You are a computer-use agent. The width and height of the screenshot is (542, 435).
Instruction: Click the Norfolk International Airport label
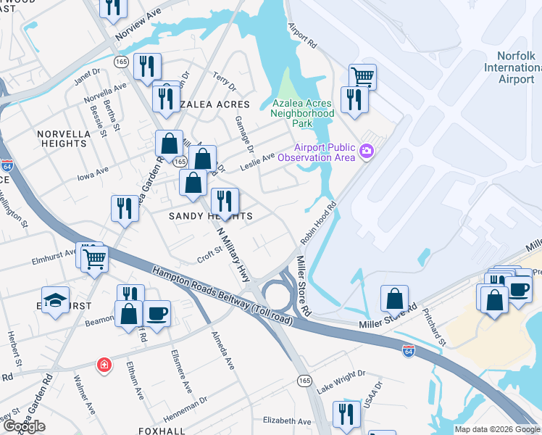515,67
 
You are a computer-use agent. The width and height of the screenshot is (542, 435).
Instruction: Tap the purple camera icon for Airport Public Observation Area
367,152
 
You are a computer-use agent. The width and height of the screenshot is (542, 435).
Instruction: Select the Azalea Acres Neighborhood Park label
302,113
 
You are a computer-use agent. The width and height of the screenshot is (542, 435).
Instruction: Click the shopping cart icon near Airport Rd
362,75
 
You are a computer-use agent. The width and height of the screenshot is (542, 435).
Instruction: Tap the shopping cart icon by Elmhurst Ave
95,257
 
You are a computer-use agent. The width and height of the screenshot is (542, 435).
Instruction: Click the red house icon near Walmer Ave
105,364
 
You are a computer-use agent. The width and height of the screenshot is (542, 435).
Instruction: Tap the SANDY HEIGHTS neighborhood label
211,216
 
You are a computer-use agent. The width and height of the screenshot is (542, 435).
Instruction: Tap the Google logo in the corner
24,426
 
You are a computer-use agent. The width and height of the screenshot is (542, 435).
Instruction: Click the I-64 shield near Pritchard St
409,349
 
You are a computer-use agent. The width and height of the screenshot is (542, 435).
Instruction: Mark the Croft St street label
209,257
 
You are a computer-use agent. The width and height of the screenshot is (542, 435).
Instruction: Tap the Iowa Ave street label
92,171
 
